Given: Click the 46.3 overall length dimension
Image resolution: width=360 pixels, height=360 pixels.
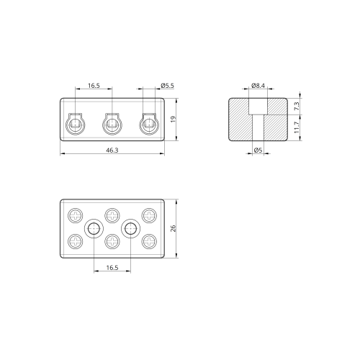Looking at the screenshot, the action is click(112, 150).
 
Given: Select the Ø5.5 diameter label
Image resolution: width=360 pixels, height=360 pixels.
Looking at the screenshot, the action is click(167, 86).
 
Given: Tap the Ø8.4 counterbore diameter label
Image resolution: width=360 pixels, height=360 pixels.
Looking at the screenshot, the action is click(258, 86).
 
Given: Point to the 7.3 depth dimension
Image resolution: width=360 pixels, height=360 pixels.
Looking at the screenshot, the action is click(297, 106).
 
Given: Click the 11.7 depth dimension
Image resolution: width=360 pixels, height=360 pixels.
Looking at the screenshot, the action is click(297, 127).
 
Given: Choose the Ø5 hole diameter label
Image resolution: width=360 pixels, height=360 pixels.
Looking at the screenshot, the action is click(258, 150).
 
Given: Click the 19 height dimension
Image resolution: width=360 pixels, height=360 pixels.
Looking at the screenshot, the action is click(174, 120).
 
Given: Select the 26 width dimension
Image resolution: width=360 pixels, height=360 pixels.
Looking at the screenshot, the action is click(174, 228).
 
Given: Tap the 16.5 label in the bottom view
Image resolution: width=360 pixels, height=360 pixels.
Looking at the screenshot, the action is click(112, 268).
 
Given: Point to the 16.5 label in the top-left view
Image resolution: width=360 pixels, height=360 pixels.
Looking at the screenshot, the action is click(94, 86).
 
